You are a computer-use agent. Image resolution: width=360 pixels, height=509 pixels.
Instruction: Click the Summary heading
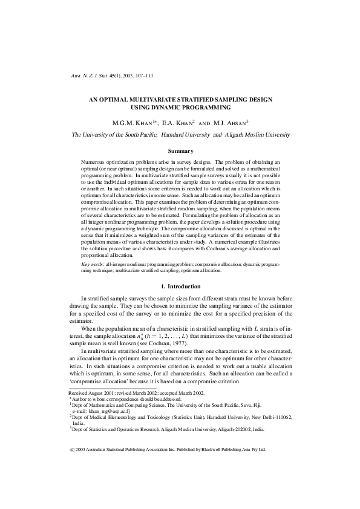[180, 151]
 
